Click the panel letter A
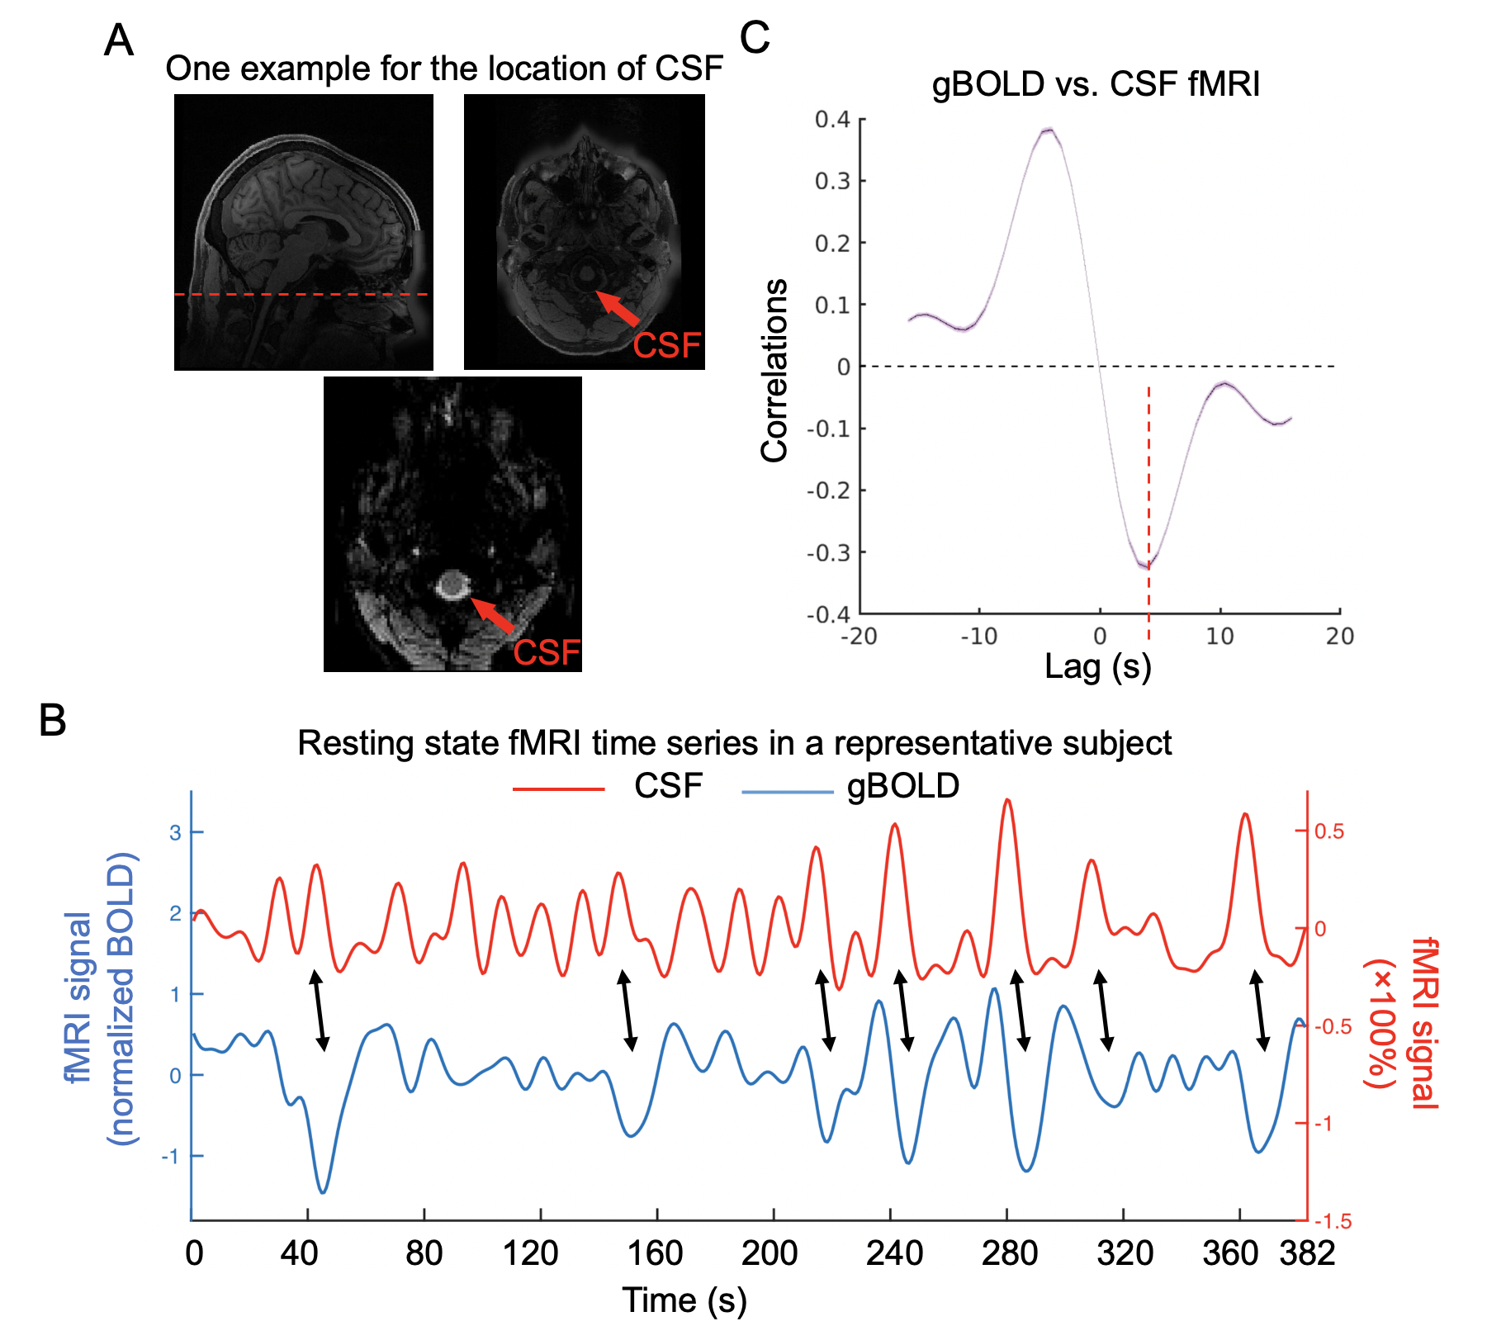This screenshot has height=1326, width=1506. [119, 40]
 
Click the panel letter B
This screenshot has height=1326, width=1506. [53, 720]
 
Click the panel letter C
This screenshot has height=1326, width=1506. [755, 37]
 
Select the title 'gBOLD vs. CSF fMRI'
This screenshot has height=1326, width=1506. [1096, 84]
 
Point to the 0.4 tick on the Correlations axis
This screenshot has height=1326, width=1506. [832, 120]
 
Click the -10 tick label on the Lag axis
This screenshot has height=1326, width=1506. [978, 637]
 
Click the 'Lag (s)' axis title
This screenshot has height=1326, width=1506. [1097, 666]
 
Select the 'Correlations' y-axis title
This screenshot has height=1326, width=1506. [774, 370]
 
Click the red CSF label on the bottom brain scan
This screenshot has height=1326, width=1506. [547, 652]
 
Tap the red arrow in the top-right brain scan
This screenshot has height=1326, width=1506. [618, 308]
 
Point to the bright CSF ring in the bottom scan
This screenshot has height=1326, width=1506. [452, 585]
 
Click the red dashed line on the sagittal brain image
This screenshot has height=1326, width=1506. [302, 294]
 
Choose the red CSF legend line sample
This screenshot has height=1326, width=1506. [559, 789]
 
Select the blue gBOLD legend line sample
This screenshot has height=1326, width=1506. [787, 792]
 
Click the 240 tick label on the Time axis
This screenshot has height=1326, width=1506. [894, 1253]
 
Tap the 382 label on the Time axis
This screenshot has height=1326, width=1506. [1307, 1253]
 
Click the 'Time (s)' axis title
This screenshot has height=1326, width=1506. [684, 1300]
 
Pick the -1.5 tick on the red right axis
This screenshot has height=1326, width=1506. [1333, 1221]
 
